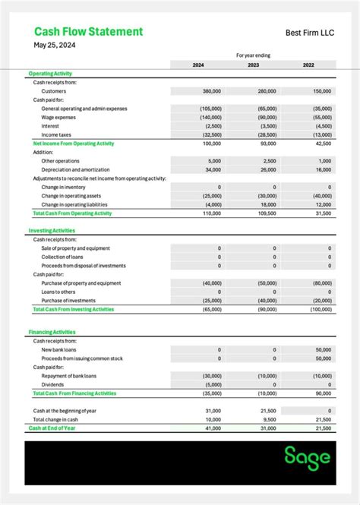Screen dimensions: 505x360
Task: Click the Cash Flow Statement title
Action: click(x=88, y=32)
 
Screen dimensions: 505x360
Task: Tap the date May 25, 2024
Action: click(x=55, y=46)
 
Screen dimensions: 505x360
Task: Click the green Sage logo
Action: click(x=308, y=457)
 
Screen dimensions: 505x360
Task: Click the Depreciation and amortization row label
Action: click(x=75, y=169)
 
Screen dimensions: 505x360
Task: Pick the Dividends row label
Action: click(x=52, y=384)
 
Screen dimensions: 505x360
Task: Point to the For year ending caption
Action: click(x=253, y=55)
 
